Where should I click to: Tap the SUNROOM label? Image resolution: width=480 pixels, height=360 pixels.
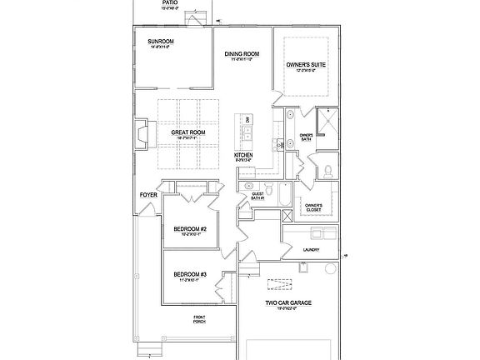click(x=160, y=42)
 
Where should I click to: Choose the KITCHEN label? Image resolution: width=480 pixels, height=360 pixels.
click(x=243, y=156)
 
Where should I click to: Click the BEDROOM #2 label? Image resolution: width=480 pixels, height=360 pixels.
click(x=189, y=229)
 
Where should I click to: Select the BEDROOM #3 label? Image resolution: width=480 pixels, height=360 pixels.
click(x=189, y=275)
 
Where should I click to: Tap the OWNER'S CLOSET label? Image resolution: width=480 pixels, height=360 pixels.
click(x=313, y=207)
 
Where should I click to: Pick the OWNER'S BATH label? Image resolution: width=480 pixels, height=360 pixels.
click(x=307, y=137)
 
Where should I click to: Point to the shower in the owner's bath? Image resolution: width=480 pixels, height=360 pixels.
click(x=328, y=126)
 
